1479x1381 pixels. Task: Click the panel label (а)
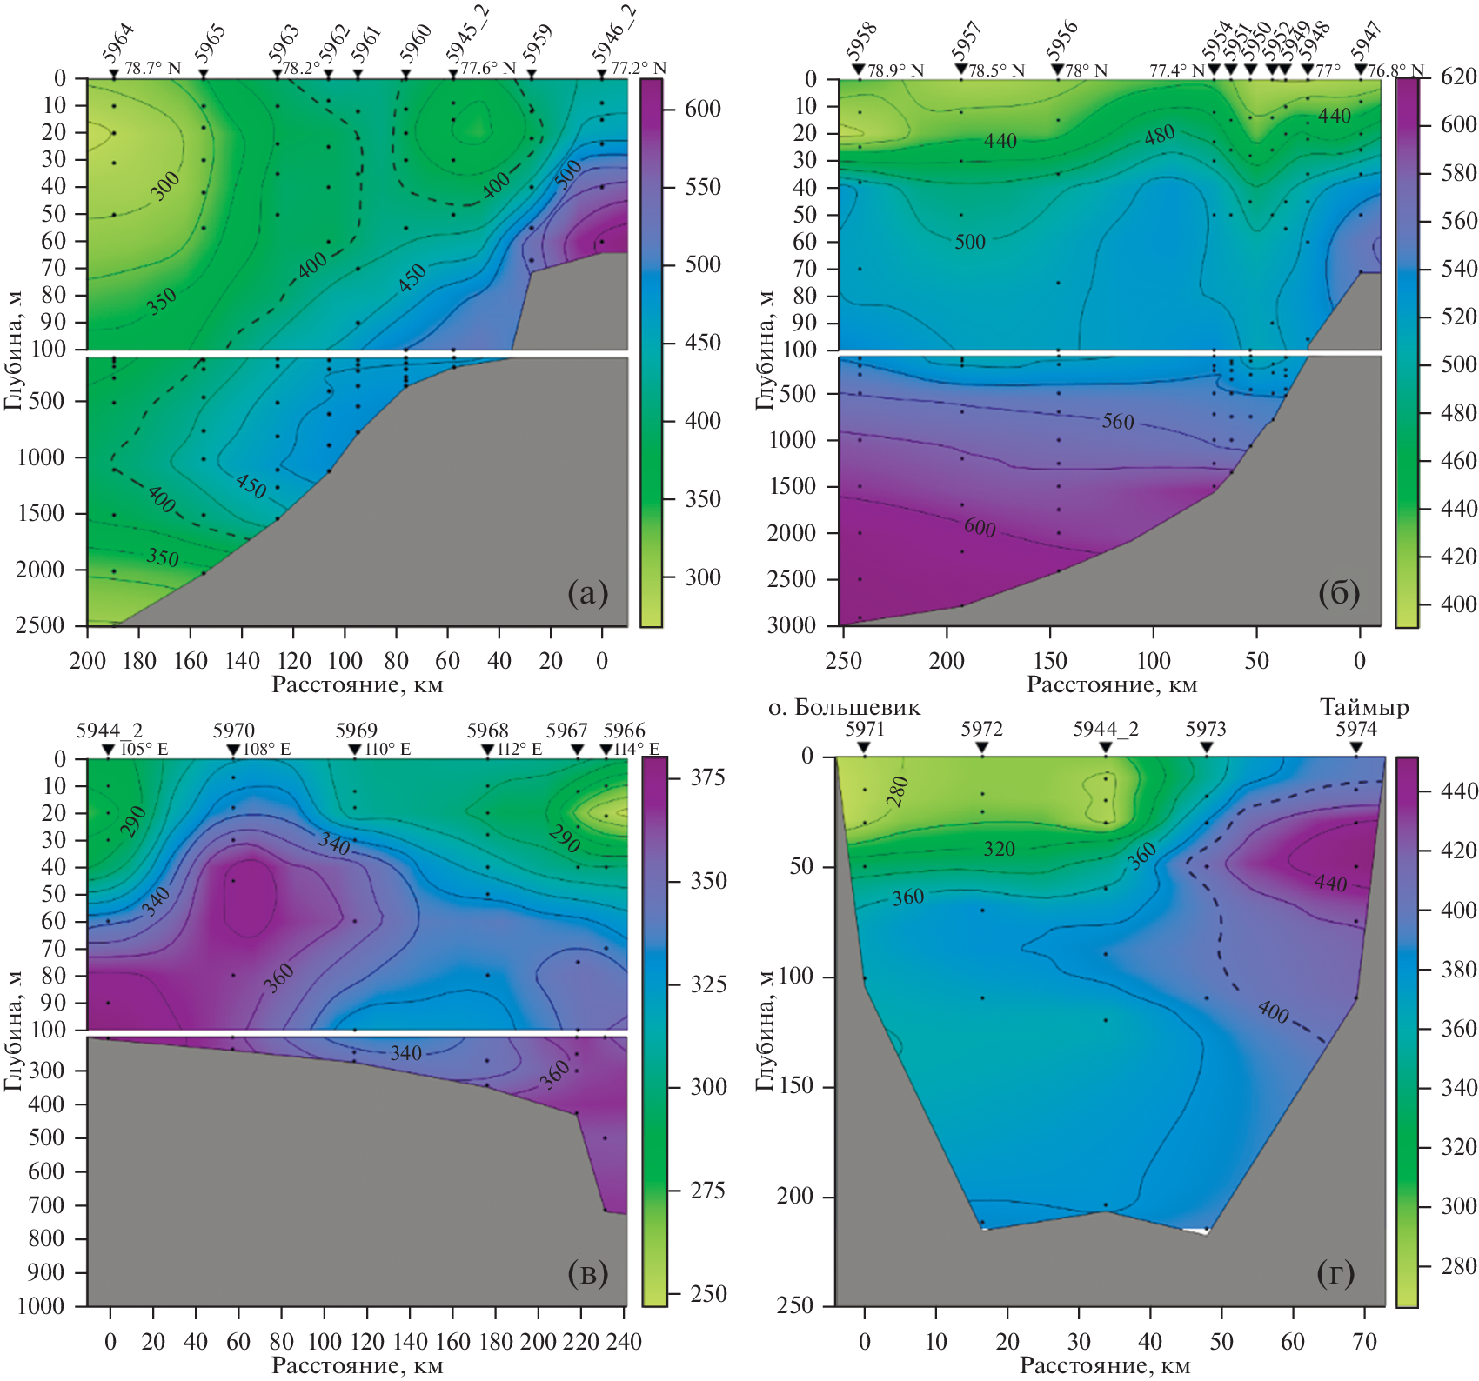[x=587, y=593]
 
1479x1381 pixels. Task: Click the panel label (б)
[x=1339, y=593]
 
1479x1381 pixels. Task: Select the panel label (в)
[x=587, y=1273]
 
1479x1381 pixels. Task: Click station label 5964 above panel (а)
[x=119, y=43]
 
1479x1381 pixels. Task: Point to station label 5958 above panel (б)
[x=862, y=42]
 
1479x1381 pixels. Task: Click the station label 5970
[x=234, y=731]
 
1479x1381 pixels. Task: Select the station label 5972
[x=982, y=729]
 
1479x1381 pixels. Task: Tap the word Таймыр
[x=1363, y=707]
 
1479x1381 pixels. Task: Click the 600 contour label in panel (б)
[x=980, y=527]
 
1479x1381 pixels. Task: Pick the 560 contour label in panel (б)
[x=1118, y=422]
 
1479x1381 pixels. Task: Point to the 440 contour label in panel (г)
[x=1330, y=883]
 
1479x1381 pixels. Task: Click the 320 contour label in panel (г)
[x=999, y=849]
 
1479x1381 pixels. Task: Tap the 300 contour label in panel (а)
[x=165, y=185]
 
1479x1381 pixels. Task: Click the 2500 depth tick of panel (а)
[x=40, y=625]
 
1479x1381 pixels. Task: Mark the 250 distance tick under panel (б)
[x=843, y=661]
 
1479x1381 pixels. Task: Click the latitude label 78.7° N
[x=153, y=68]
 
